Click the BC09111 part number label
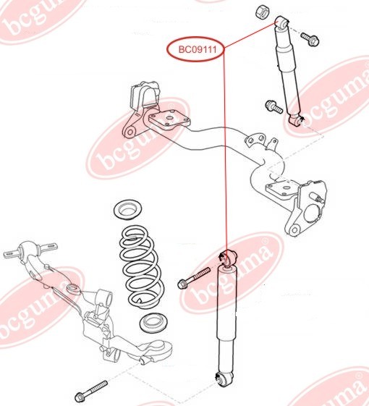(198, 49)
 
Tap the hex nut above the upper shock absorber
(263, 12)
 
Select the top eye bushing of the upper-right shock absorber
(281, 22)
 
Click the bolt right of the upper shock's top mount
(310, 39)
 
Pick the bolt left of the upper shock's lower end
(273, 106)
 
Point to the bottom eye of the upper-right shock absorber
(296, 120)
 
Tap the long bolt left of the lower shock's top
(193, 278)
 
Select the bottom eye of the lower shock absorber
(224, 378)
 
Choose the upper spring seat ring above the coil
(128, 209)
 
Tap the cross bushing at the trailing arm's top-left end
(30, 250)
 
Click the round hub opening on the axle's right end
(314, 213)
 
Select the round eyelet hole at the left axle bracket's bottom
(130, 132)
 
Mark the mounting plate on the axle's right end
(284, 190)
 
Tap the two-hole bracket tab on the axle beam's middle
(255, 139)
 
